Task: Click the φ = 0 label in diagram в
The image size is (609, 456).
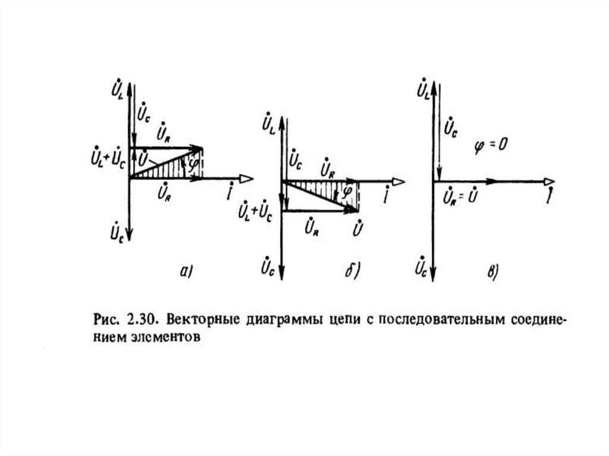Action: [489, 144]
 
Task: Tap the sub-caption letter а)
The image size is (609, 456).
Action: [186, 272]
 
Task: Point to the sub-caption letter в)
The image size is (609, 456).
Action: [492, 272]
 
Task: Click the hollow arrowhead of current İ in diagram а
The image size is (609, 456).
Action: [246, 178]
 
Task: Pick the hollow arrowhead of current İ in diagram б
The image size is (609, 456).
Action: [398, 181]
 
